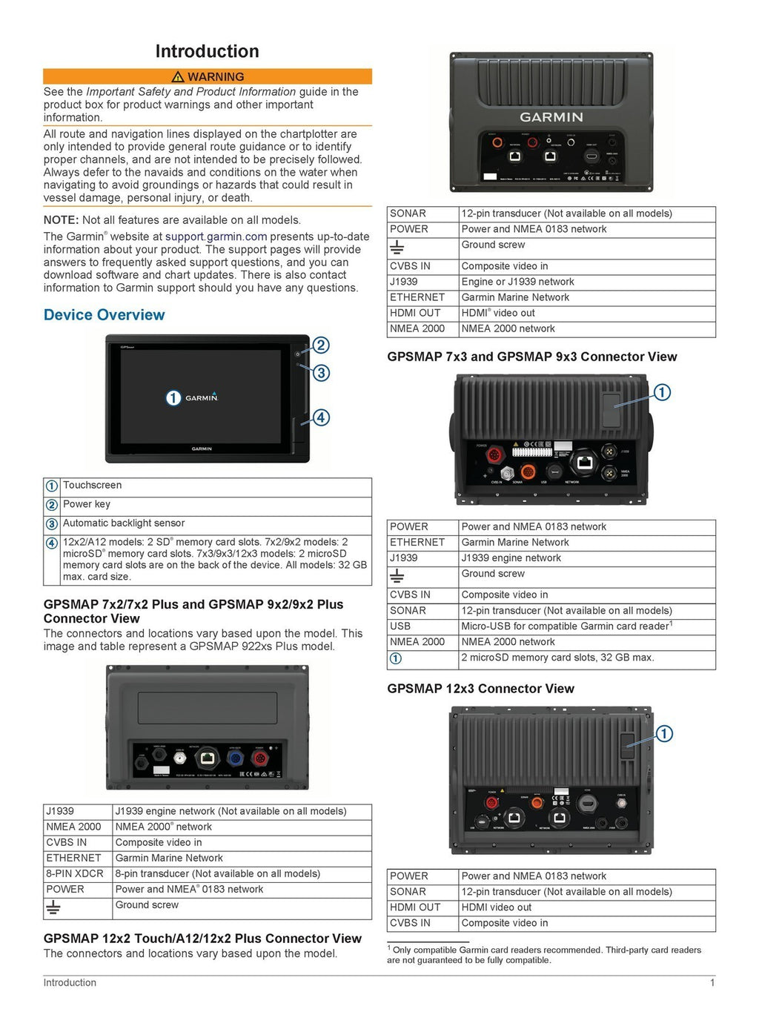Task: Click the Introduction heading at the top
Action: [207, 51]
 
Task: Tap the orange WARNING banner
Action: [208, 76]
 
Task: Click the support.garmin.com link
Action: [216, 236]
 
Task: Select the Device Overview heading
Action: [105, 314]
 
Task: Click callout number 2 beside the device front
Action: [320, 345]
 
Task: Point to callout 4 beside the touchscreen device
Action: [320, 417]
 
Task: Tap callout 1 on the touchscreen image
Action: [173, 398]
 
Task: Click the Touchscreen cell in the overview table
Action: [93, 486]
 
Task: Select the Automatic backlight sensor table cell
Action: [124, 523]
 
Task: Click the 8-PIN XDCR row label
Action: [75, 873]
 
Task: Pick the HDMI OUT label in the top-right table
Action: [415, 313]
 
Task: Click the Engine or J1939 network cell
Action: [517, 282]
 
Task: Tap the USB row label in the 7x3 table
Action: [400, 626]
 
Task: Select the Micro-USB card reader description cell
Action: [566, 626]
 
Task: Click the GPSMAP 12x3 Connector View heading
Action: [480, 689]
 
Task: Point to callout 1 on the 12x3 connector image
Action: [664, 733]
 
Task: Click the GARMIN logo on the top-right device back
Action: [551, 117]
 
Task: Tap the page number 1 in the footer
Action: [712, 983]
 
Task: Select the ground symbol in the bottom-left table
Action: [53, 907]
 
